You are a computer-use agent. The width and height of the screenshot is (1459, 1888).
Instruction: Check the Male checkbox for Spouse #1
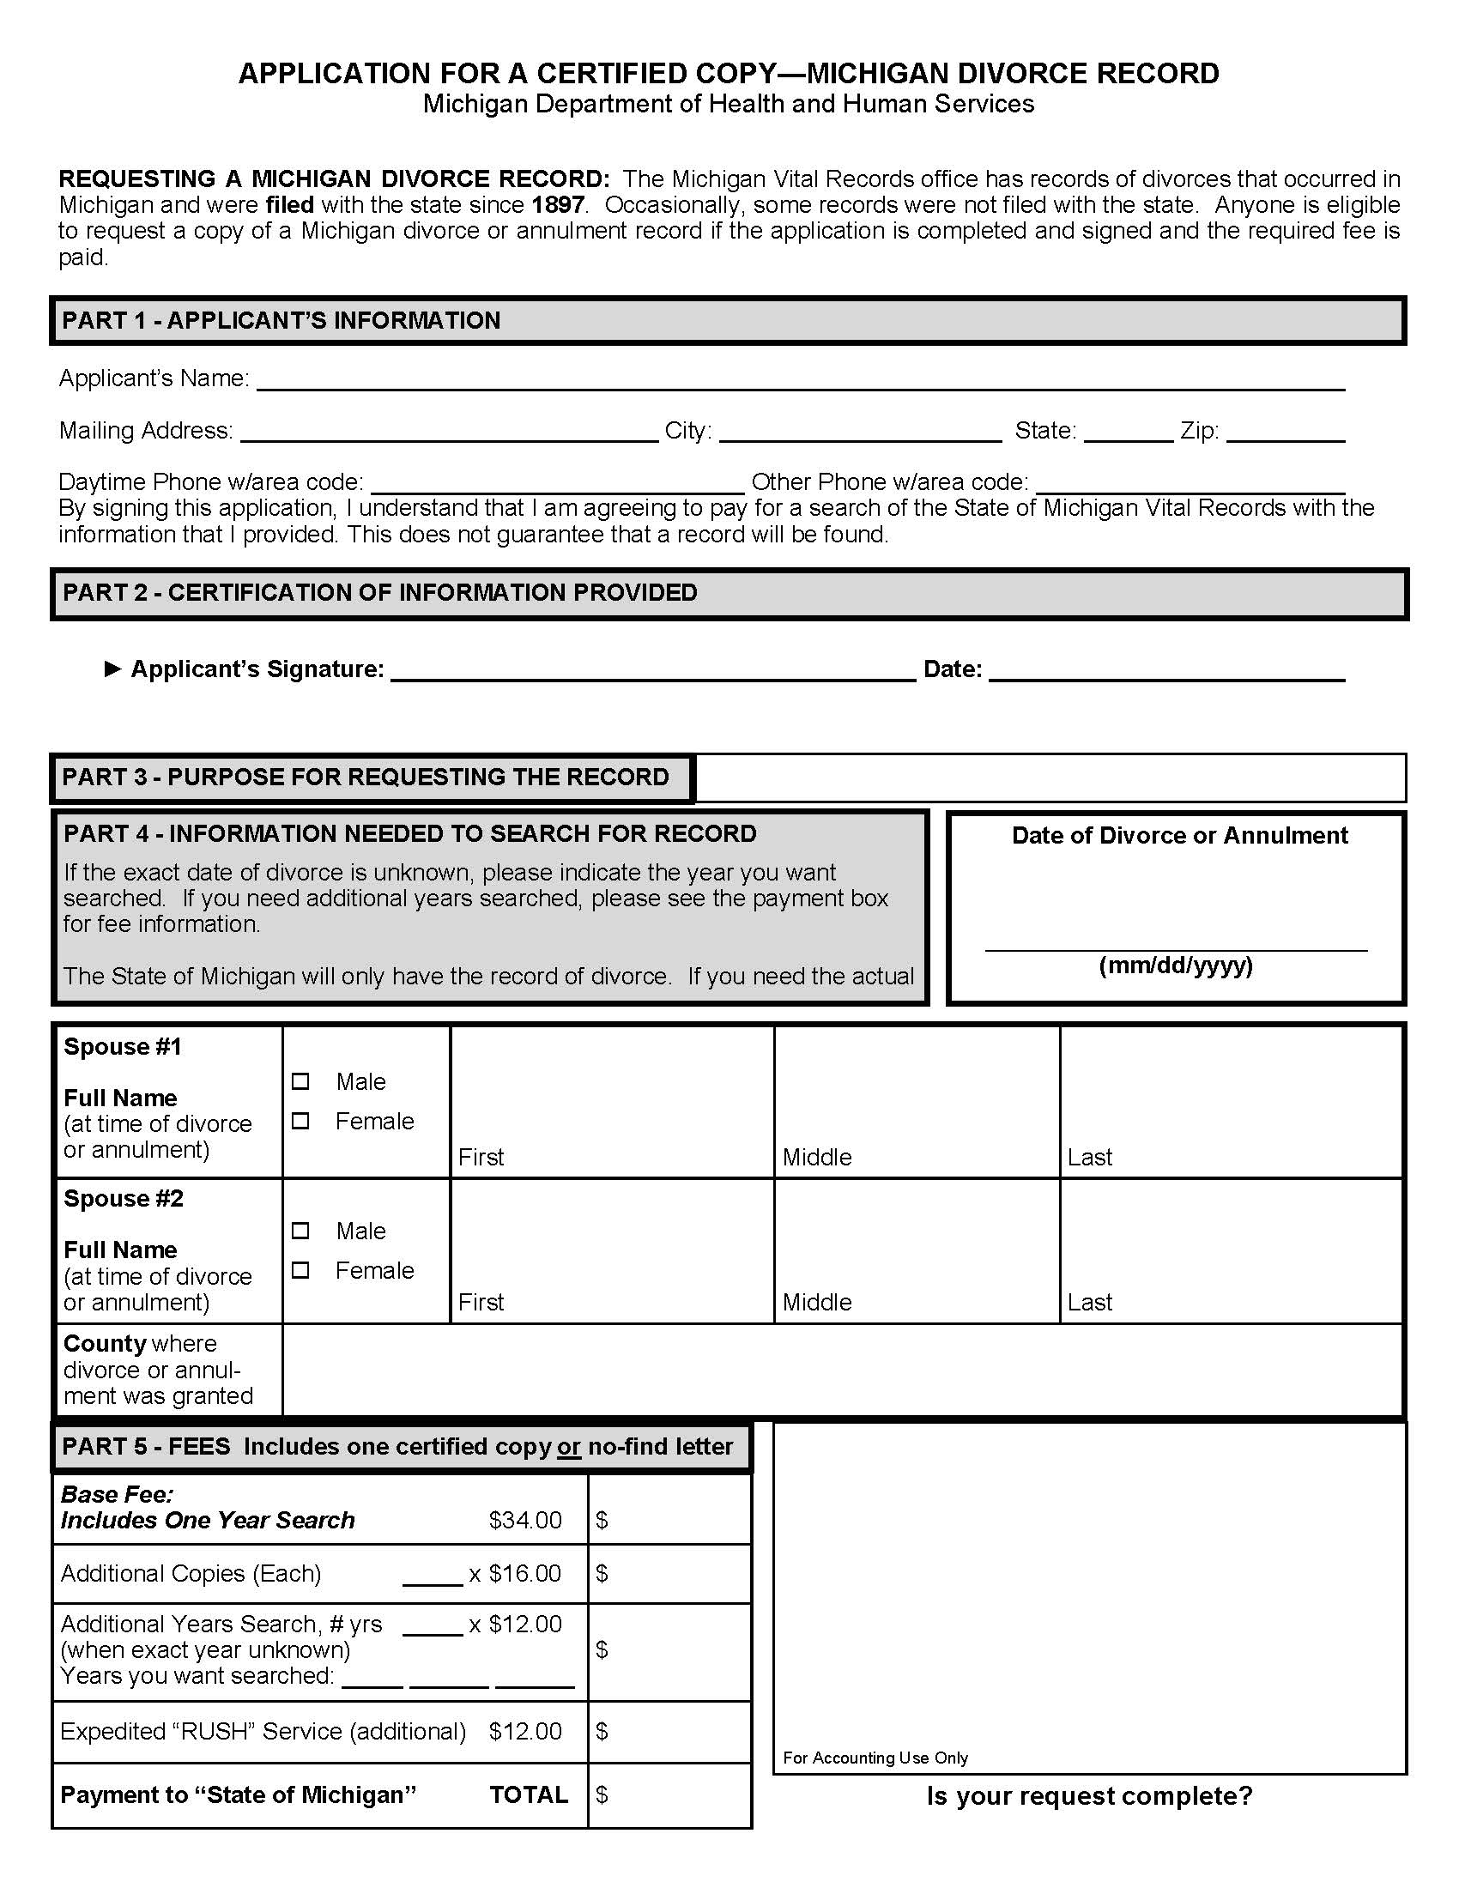[300, 1081]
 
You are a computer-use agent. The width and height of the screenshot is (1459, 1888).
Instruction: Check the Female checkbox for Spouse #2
[300, 1270]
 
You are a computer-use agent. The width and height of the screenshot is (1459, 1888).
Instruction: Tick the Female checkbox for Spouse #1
[300, 1122]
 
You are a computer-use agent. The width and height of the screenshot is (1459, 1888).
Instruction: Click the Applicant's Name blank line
[800, 380]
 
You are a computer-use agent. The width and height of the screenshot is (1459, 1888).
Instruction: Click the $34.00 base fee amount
[524, 1520]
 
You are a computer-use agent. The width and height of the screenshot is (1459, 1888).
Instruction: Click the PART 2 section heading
[379, 593]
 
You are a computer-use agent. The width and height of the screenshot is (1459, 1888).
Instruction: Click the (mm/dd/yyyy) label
[1176, 965]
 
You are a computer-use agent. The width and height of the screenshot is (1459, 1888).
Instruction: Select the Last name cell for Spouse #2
[1230, 1251]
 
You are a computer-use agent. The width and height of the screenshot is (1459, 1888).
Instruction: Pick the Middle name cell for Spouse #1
[917, 1101]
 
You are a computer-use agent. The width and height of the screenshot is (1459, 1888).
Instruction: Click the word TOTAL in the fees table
[528, 1794]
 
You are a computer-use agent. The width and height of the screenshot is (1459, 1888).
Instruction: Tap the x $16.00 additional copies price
[515, 1573]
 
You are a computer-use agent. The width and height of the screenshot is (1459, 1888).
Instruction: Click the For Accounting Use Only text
[875, 1758]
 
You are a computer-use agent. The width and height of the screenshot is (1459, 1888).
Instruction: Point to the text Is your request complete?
[1089, 1796]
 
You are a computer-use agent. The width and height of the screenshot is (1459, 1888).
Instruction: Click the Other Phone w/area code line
[1190, 483]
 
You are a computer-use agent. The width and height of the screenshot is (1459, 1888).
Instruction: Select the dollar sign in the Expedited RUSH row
[602, 1731]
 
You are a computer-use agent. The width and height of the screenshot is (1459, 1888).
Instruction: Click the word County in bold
[105, 1343]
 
